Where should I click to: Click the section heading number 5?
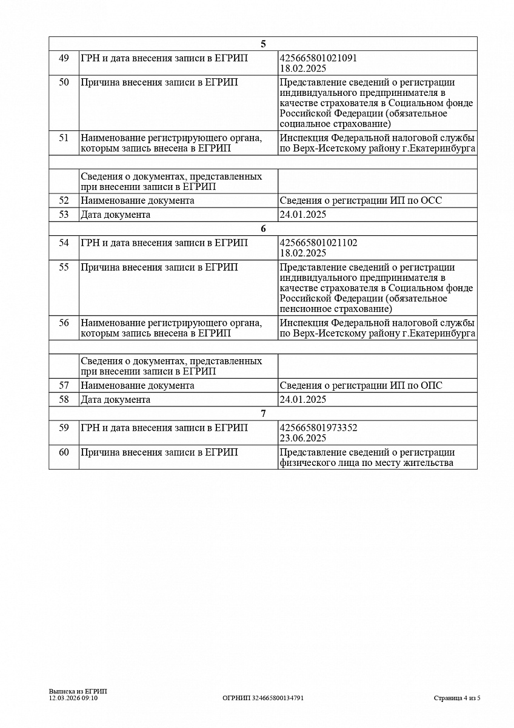[x=263, y=44]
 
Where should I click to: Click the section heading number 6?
[x=263, y=229]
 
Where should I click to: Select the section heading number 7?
[x=263, y=414]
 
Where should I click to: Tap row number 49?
[x=64, y=58]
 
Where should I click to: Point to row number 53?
[x=64, y=215]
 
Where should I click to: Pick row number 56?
[x=64, y=323]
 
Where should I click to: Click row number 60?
[x=64, y=453]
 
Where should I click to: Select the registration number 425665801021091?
[x=318, y=58]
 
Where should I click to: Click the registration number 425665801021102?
[x=318, y=243]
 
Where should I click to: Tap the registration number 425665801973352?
[x=318, y=428]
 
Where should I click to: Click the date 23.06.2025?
[x=303, y=438]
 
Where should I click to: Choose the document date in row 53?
[x=303, y=215]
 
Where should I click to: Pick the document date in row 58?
[x=303, y=400]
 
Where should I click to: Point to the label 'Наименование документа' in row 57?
[x=138, y=386]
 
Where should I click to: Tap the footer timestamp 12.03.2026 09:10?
[x=73, y=698]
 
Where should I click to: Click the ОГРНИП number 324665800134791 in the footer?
[x=263, y=698]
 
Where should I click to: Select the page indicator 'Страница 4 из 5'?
[x=457, y=698]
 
